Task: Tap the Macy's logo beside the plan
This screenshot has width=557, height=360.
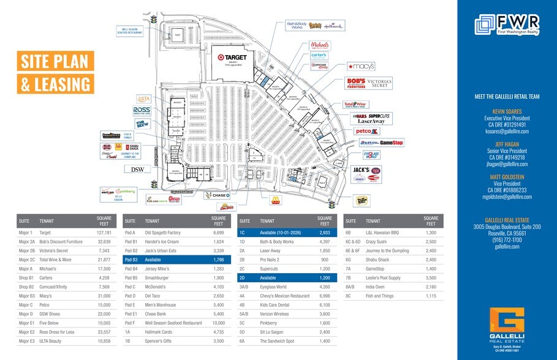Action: pos(360,66)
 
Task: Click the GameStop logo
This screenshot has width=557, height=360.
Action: pos(391,143)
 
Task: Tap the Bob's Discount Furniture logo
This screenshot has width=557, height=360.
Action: pos(356,83)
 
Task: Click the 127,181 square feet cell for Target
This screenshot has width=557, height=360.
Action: pos(104,233)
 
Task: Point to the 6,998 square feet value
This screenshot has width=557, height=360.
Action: pos(324,296)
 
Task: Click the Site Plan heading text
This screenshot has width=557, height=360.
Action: pos(55,62)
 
